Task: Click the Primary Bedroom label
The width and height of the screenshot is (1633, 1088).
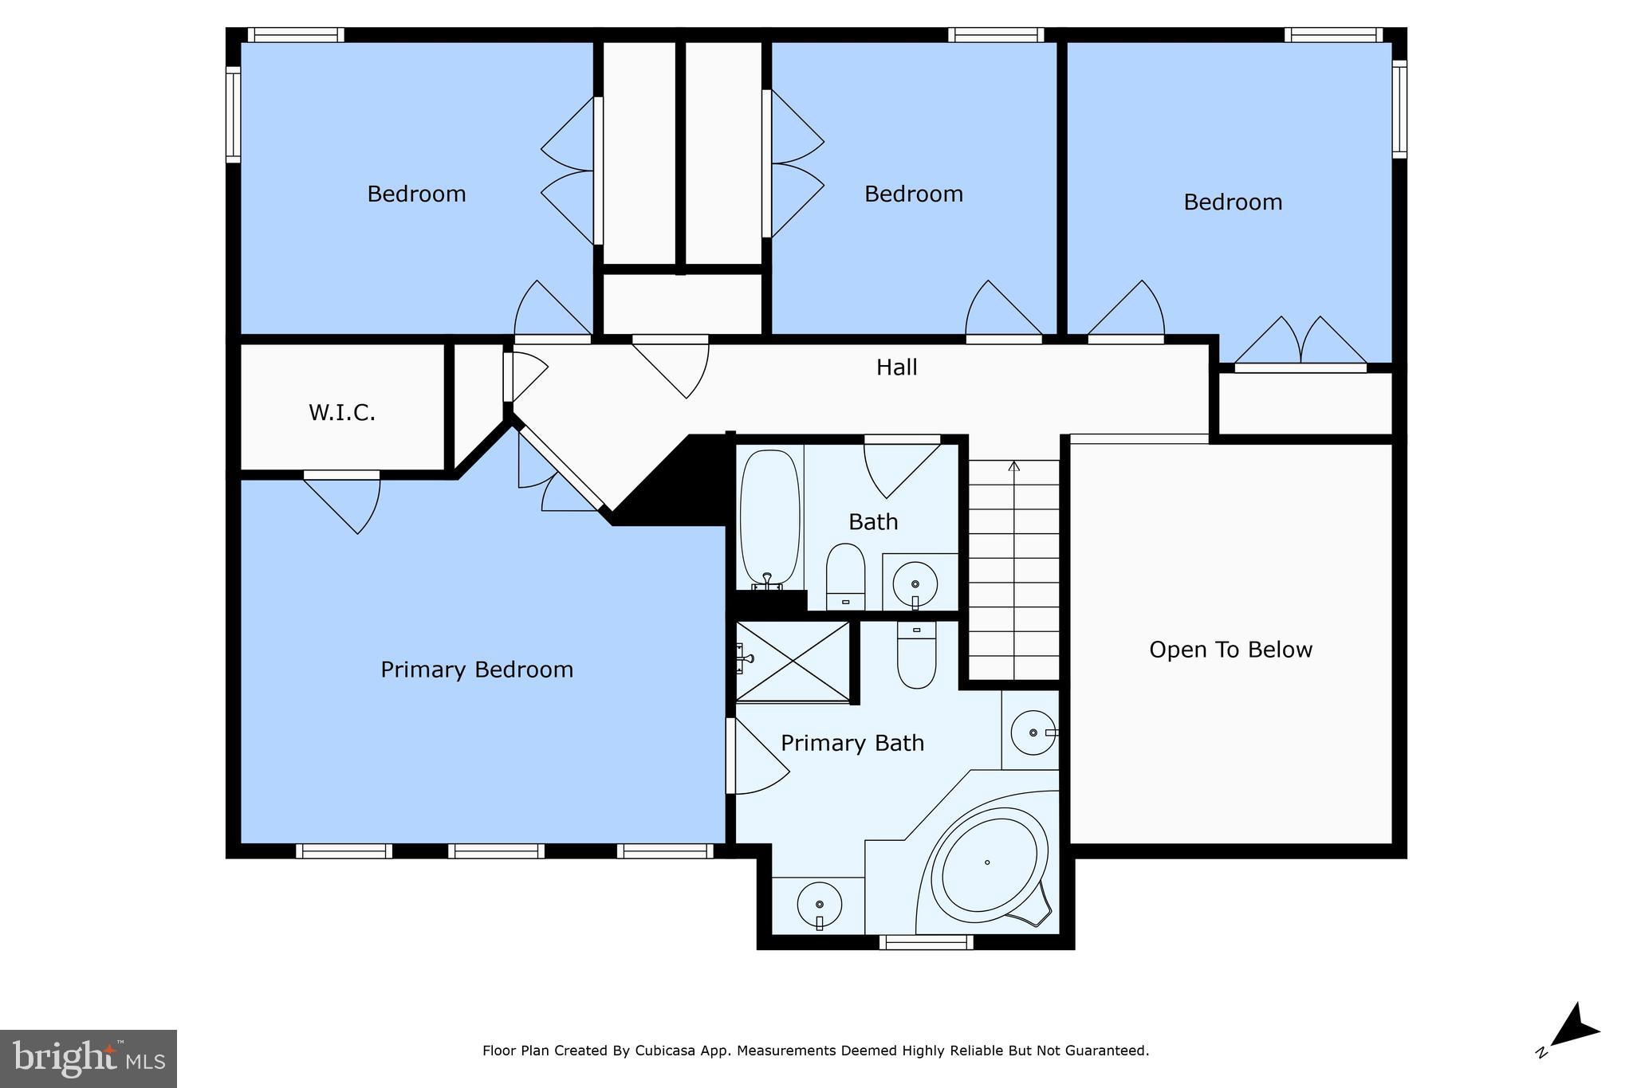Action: point(477,670)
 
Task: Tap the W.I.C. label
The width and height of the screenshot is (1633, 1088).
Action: point(341,413)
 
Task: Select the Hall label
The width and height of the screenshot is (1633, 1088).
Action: point(896,367)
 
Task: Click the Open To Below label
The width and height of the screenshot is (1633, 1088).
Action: point(1230,650)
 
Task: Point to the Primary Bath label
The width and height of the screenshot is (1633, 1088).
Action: point(852,743)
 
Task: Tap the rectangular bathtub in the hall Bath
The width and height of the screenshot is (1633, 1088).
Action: point(769,518)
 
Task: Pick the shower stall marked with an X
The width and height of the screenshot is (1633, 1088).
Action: point(793,662)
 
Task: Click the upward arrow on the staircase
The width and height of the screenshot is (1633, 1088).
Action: point(1014,466)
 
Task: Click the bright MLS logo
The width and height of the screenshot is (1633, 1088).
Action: point(88,1059)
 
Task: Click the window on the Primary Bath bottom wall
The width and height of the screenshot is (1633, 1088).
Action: point(926,942)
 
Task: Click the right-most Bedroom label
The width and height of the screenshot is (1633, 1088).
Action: point(1232,202)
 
